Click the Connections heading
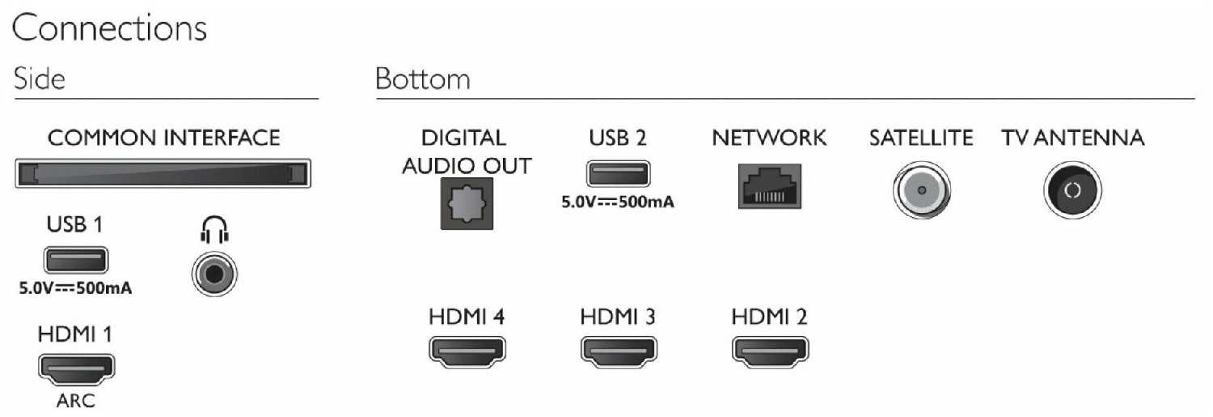click(x=109, y=29)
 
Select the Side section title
click(x=40, y=79)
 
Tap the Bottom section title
click(x=422, y=79)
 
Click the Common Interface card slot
click(x=163, y=174)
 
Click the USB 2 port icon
click(x=617, y=175)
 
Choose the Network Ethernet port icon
click(x=769, y=185)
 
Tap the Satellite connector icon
click(x=921, y=192)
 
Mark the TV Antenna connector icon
click(x=1072, y=192)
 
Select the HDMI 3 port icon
click(x=618, y=350)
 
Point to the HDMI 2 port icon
click(x=769, y=350)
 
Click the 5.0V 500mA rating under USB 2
click(x=618, y=203)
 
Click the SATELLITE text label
click(x=921, y=138)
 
